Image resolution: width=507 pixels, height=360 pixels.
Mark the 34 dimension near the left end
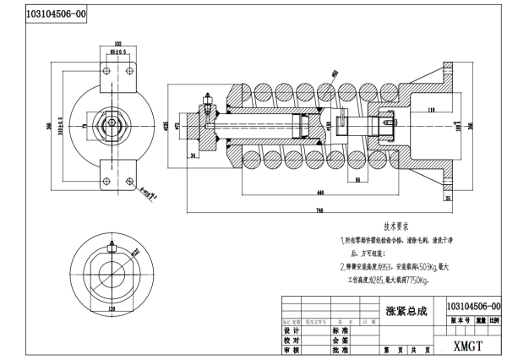click(193, 156)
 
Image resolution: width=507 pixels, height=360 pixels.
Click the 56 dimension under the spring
click(358, 181)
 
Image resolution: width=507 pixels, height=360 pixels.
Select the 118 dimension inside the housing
click(430, 109)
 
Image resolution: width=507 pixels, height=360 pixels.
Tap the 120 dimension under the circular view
click(112, 309)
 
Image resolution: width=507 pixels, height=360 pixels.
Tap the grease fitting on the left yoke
click(205, 109)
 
